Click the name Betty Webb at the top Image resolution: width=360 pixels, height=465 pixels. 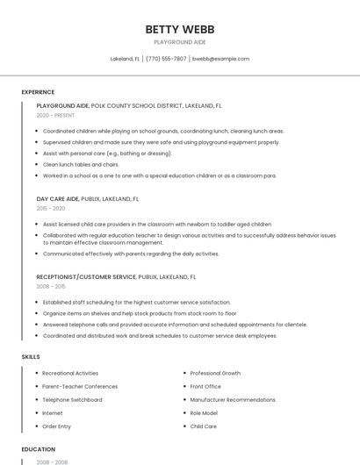coord(179,29)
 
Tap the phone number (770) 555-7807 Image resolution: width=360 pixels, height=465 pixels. coord(166,59)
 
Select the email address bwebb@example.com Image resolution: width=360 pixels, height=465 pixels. coord(220,59)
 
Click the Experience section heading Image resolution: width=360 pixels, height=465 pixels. coord(38,92)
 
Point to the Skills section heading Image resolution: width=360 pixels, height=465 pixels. coord(31,357)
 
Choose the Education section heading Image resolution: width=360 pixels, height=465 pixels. coord(38,449)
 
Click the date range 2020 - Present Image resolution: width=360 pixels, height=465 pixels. coord(55,115)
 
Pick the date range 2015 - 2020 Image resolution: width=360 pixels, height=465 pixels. coord(51,208)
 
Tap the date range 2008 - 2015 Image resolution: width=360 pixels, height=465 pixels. coord(51,286)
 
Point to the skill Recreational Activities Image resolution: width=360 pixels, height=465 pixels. coord(70,373)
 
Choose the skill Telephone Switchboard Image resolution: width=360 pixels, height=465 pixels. coord(72,399)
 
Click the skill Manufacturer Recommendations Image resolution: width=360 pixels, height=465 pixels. coord(233,399)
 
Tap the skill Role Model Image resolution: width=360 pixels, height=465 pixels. coord(204,412)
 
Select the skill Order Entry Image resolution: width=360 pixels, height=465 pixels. coord(56,426)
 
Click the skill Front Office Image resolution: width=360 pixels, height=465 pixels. coord(205,386)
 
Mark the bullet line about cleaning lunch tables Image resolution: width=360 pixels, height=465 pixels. coord(81,164)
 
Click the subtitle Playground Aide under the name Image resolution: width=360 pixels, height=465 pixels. coord(179,42)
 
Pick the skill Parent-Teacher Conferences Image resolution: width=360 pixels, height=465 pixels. coord(80,386)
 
